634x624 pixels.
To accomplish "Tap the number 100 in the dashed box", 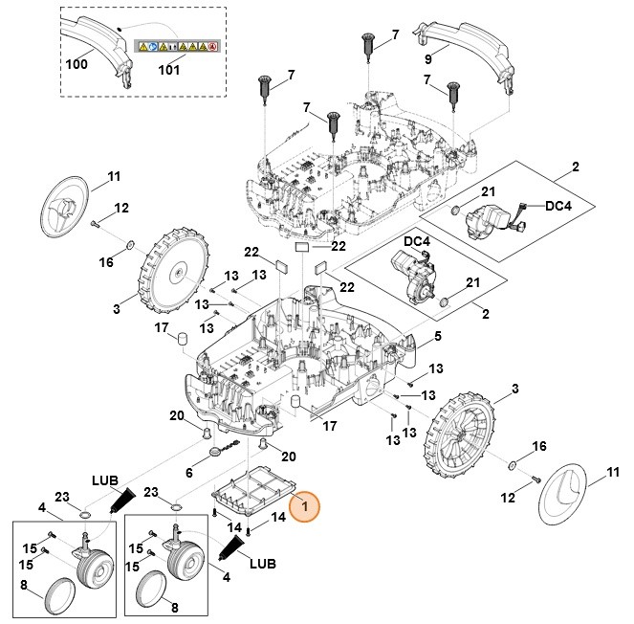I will click(x=77, y=65).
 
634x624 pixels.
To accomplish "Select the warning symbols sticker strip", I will click(x=178, y=45).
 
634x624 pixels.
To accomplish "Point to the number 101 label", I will click(x=168, y=69).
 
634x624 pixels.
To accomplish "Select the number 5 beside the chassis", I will click(x=437, y=336).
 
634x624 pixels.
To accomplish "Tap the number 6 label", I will click(x=188, y=472).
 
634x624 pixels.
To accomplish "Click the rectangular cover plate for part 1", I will click(x=251, y=487).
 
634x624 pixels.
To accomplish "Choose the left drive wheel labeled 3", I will click(x=175, y=275).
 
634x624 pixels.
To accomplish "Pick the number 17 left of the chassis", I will click(x=162, y=327).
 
